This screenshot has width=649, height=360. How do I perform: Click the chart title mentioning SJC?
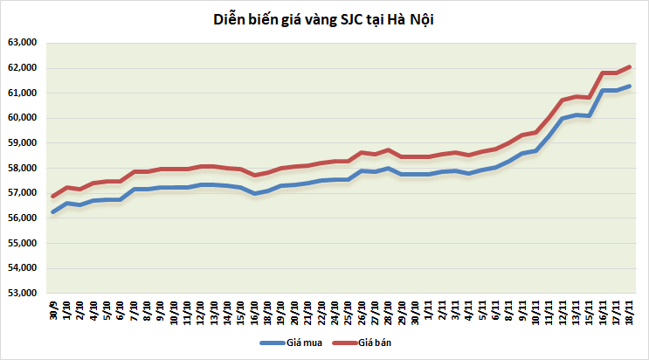324,19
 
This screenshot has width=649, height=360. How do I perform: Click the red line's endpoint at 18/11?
629,66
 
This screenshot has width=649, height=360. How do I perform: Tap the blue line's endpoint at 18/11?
629,87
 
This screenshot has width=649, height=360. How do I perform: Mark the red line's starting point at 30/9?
53,196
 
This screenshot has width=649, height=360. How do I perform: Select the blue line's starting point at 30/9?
53,211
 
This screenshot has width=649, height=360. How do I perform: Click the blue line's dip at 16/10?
254,193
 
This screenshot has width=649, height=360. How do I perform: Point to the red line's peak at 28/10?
389,150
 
